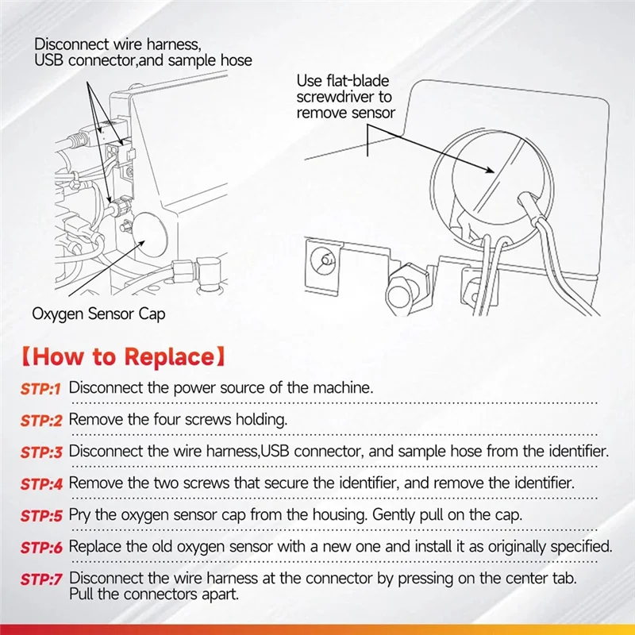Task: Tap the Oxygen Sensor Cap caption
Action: click(98, 314)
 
